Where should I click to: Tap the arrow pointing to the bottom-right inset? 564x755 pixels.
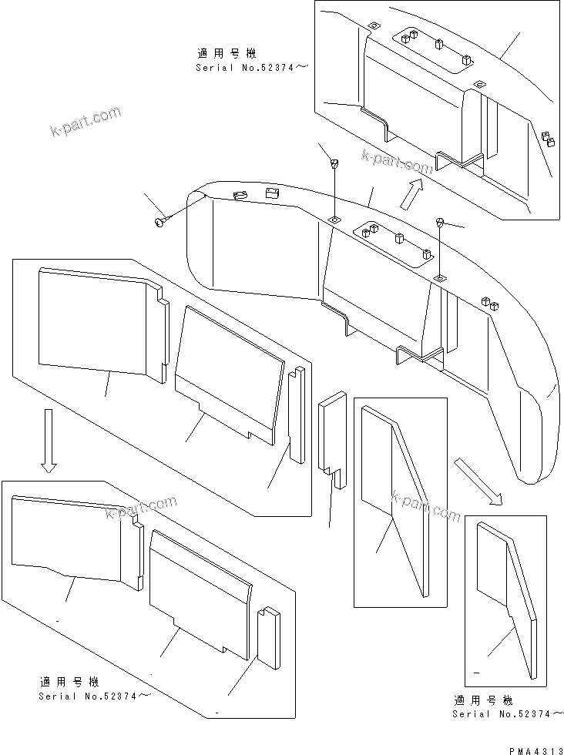(x=478, y=481)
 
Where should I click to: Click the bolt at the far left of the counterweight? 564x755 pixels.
(x=161, y=222)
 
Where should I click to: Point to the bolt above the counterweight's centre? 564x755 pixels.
(x=335, y=163)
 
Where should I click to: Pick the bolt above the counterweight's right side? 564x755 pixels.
(x=441, y=223)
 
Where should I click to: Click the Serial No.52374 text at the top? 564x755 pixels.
(x=250, y=69)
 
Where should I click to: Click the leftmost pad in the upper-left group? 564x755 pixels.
(x=100, y=324)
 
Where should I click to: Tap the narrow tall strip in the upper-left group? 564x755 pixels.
(x=296, y=412)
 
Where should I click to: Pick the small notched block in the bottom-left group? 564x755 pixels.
(x=267, y=636)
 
